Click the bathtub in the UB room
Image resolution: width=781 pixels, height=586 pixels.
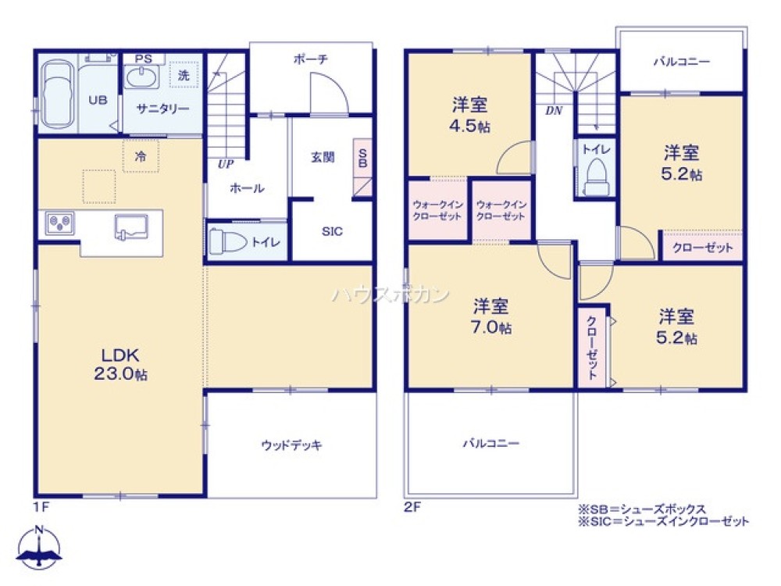58,95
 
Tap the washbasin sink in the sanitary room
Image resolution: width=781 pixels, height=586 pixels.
141,77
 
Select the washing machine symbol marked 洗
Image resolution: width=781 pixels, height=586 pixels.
184,75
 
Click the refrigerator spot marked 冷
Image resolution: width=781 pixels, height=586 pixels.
141,156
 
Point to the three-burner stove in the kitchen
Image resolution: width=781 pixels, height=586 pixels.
60,223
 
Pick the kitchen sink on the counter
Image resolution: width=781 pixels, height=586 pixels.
131,227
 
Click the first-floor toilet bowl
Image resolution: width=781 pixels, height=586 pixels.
227,242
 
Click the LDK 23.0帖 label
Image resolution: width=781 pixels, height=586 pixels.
120,364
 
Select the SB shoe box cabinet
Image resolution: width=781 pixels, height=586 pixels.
362,167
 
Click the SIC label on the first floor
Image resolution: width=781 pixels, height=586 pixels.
332,231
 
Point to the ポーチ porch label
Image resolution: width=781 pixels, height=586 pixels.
311,59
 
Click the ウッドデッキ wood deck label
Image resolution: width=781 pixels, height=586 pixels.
292,445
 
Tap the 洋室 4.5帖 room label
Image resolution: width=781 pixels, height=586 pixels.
469,115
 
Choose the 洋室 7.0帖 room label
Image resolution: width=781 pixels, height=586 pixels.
491,316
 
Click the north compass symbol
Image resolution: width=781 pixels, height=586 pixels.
39,547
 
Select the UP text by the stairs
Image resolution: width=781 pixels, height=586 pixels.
226,164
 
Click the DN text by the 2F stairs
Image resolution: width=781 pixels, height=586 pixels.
554,111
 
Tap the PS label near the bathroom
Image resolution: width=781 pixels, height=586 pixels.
144,59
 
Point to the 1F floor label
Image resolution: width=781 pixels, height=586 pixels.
41,507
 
